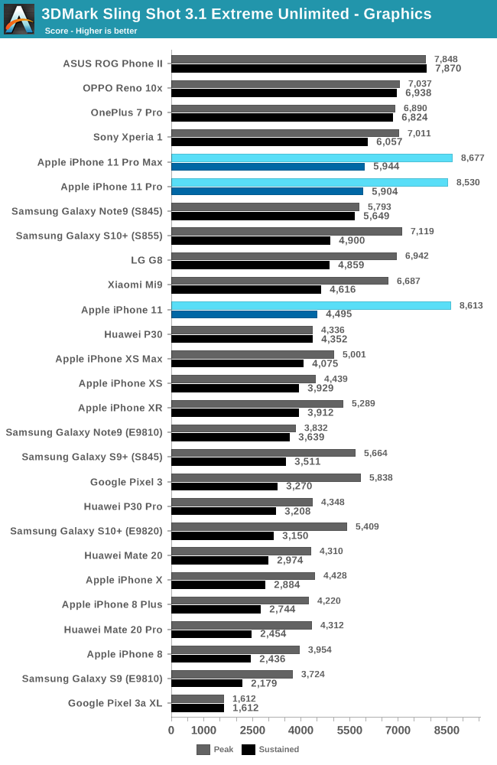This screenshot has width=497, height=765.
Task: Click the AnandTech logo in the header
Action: [19, 19]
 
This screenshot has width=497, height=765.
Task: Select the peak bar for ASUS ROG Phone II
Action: [298, 59]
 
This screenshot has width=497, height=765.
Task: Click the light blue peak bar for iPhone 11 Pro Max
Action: [312, 158]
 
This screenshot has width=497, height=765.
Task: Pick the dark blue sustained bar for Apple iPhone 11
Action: [244, 314]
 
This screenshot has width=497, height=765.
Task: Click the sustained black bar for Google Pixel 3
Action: [224, 486]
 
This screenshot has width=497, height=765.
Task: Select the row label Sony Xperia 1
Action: [128, 137]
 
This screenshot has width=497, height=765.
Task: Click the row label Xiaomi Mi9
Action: [135, 285]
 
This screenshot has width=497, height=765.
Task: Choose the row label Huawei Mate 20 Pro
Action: [113, 629]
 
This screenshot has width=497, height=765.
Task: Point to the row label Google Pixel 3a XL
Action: [115, 703]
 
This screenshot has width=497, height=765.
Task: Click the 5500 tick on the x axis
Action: [349, 730]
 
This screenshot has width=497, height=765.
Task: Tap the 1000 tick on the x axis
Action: [203, 730]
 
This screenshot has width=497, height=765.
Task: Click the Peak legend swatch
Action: [203, 750]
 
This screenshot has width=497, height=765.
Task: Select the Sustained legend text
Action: [279, 750]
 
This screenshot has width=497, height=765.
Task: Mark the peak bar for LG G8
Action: [284, 256]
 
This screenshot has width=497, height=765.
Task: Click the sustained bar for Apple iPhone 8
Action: [211, 659]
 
